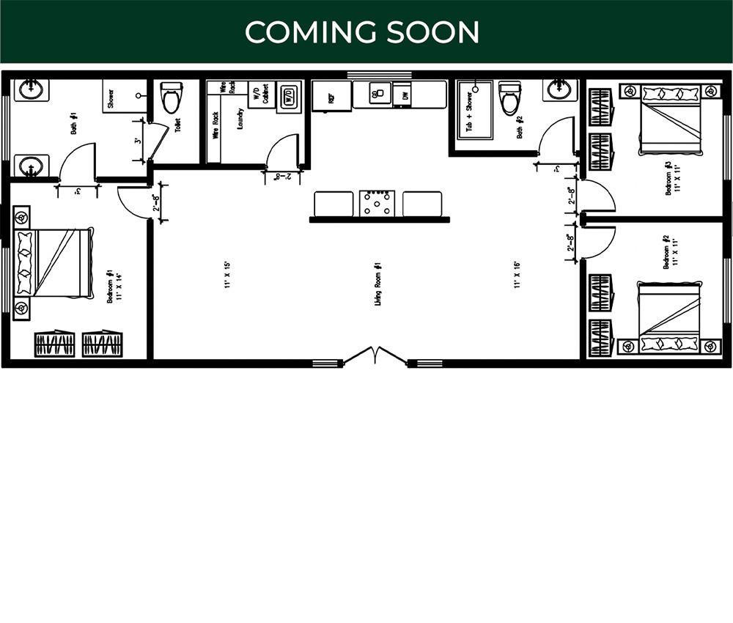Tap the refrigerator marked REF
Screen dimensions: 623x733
[331, 96]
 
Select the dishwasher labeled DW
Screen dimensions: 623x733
[402, 95]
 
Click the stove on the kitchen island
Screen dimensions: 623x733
[377, 203]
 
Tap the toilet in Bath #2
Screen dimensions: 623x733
[509, 98]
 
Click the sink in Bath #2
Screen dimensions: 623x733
[561, 89]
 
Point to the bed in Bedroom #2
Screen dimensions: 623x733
[670, 316]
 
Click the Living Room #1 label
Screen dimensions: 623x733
[377, 284]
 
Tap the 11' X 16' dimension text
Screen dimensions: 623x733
[517, 275]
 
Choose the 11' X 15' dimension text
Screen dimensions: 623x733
[228, 275]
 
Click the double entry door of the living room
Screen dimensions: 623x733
[375, 356]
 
